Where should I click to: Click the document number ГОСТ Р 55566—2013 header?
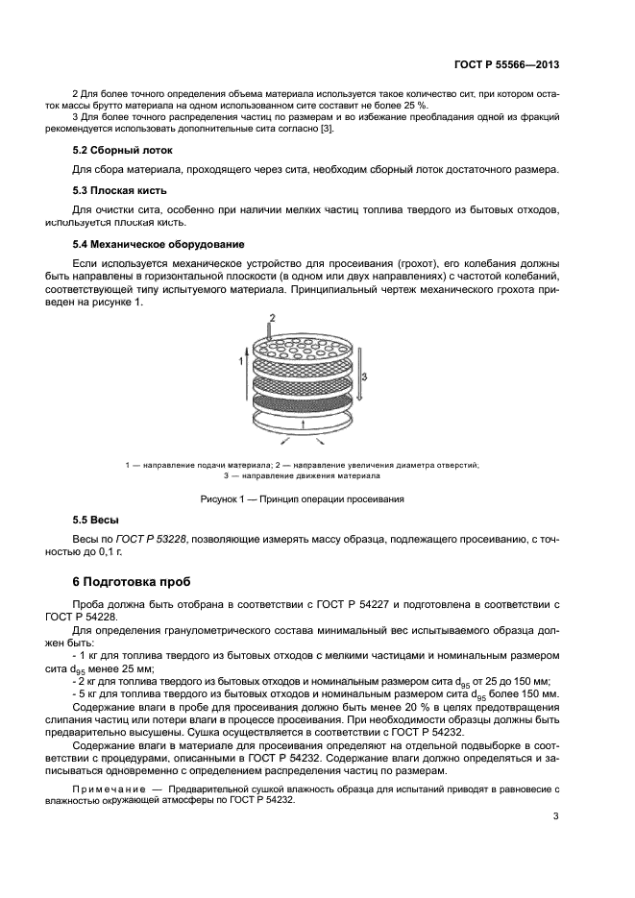click(x=505, y=65)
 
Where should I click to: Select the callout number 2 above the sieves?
click(x=272, y=318)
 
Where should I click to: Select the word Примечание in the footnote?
click(x=106, y=788)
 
